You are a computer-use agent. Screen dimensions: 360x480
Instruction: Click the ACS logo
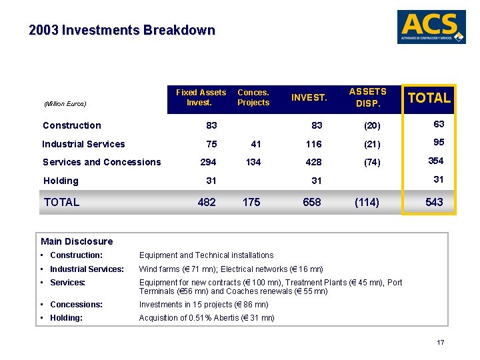pos(431,27)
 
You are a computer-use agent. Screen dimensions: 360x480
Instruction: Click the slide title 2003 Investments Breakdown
pos(122,31)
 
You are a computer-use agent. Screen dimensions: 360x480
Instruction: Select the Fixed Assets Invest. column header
pos(201,97)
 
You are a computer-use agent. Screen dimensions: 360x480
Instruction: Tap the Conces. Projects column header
pos(253,97)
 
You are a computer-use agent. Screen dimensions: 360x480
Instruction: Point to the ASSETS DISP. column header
pos(367,97)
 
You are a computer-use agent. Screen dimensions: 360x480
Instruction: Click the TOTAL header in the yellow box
pos(429,98)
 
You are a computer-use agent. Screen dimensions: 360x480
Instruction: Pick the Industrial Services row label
pos(83,144)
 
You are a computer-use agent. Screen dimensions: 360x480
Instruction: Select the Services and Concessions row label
pos(101,162)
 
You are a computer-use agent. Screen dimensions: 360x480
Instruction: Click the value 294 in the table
pos(208,162)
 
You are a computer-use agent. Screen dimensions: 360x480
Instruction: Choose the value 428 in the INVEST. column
pos(313,162)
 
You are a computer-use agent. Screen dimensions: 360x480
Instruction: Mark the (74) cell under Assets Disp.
pos(367,162)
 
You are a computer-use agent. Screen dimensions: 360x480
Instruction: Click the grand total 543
pos(433,202)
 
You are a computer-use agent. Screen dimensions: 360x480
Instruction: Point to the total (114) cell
pos(366,202)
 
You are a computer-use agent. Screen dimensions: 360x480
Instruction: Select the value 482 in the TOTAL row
pos(207,202)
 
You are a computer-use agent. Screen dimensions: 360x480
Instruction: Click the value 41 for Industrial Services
pos(255,144)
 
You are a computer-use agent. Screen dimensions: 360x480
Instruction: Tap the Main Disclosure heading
pos(77,241)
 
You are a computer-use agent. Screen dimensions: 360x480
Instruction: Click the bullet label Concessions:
pos(76,305)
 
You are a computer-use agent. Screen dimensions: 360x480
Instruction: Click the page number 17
pos(440,343)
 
